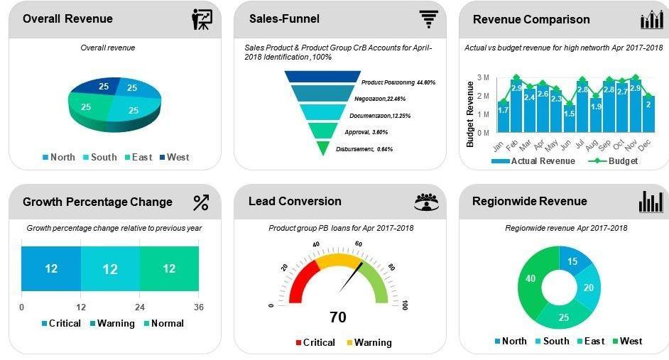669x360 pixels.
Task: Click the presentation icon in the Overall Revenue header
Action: pos(202,19)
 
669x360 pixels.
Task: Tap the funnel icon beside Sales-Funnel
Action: pos(428,19)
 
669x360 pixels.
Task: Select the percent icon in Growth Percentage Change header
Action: pos(201,202)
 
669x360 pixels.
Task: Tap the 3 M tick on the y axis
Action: pos(483,77)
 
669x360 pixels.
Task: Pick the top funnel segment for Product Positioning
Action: pos(322,77)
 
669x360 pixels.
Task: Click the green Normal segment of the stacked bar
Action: pos(169,268)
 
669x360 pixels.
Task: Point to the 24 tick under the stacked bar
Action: pos(140,307)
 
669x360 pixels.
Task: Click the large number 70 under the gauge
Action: pos(338,317)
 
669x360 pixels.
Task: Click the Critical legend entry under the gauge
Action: pos(315,342)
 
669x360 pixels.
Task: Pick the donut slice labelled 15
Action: pos(572,261)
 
